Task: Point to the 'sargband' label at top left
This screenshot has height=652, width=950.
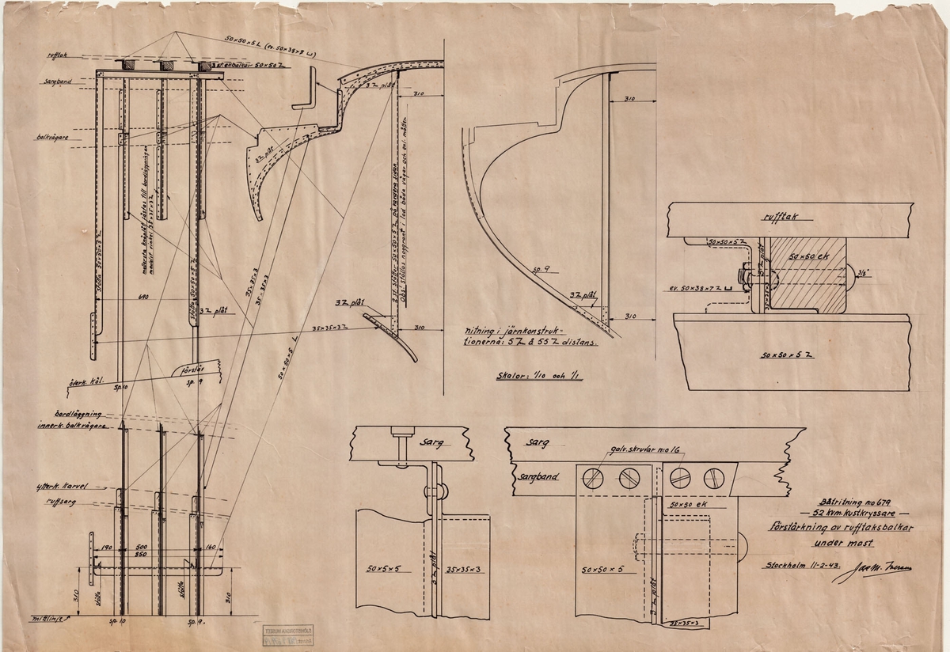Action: point(58,81)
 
